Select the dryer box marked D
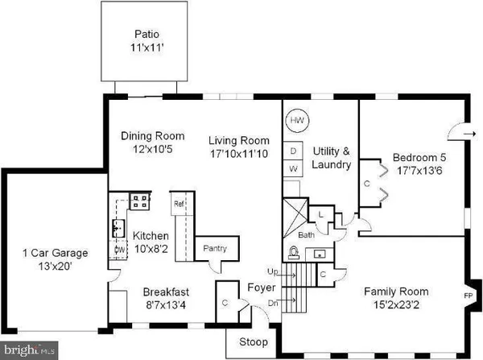pyautogui.click(x=294, y=151)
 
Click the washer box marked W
pyautogui.click(x=294, y=169)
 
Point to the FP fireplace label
pyautogui.click(x=468, y=296)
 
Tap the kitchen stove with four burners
pyautogui.click(x=141, y=201)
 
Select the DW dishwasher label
pyautogui.click(x=118, y=250)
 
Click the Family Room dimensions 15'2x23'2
pyautogui.click(x=395, y=305)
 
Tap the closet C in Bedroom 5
pyautogui.click(x=367, y=183)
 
